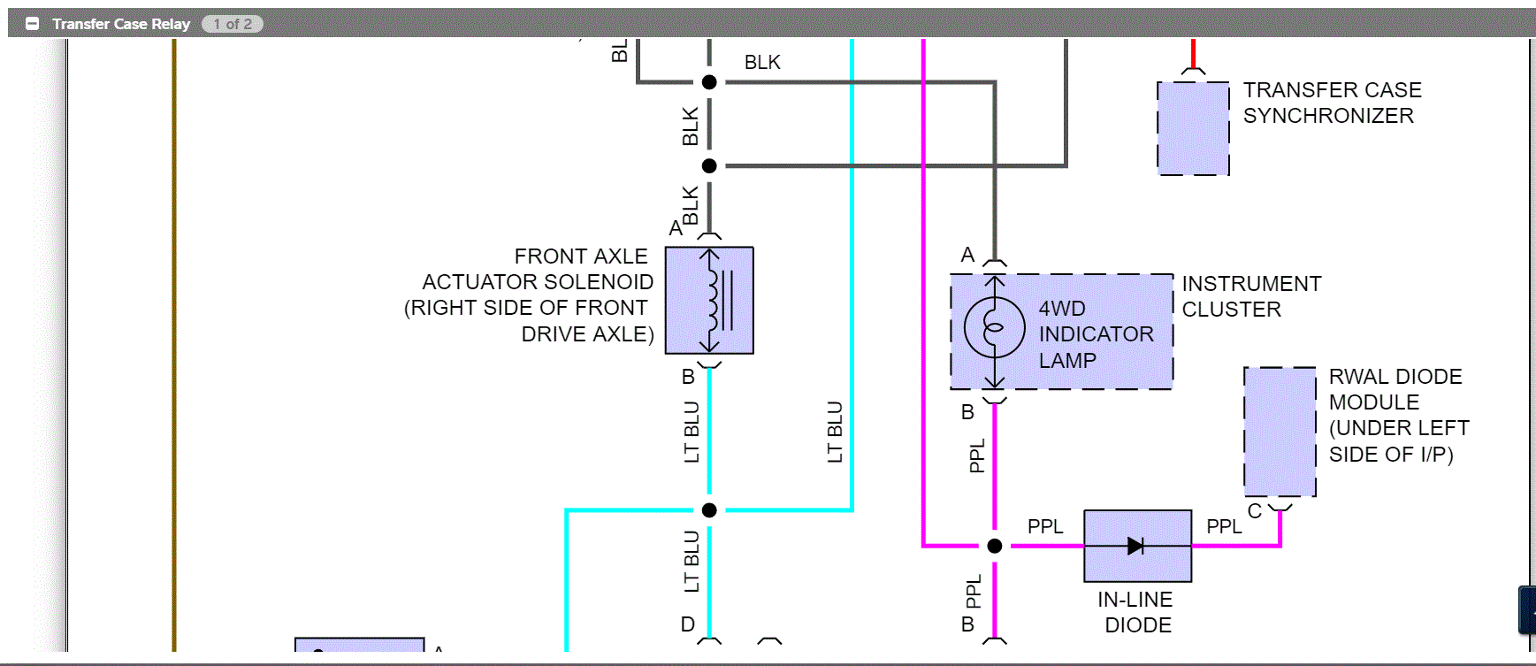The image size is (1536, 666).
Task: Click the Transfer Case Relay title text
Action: [121, 24]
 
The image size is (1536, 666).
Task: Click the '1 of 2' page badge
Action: [233, 24]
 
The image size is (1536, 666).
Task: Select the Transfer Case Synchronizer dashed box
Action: [1193, 128]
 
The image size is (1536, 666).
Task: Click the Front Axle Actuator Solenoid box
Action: [709, 301]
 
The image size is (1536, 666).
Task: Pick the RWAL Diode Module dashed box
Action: [1280, 432]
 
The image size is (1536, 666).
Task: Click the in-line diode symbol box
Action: [1137, 546]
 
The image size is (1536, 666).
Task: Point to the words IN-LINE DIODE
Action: [1136, 612]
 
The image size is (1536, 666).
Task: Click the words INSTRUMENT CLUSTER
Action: [1250, 296]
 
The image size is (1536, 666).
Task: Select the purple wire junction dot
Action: [995, 546]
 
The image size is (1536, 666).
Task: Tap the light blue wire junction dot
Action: [709, 510]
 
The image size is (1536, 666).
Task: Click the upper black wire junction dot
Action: [709, 82]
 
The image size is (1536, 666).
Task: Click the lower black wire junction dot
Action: [709, 165]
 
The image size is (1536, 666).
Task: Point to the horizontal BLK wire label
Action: [762, 63]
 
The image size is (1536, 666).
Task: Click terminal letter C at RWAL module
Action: [1254, 511]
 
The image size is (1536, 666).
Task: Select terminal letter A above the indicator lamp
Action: [967, 256]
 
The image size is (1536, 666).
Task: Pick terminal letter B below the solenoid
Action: [688, 377]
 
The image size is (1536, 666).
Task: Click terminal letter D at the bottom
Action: [688, 624]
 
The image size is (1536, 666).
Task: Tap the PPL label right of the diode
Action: [1224, 526]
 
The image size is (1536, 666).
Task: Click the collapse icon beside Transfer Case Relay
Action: [33, 24]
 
